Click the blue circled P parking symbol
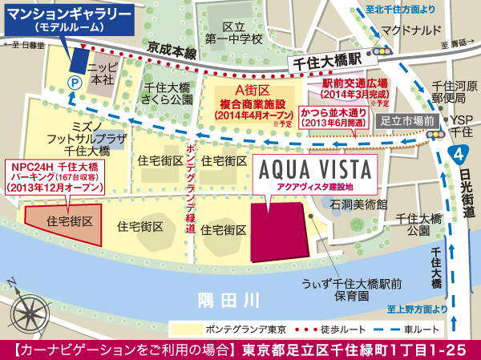tap(74, 81)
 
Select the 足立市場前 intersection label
tap(407, 119)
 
